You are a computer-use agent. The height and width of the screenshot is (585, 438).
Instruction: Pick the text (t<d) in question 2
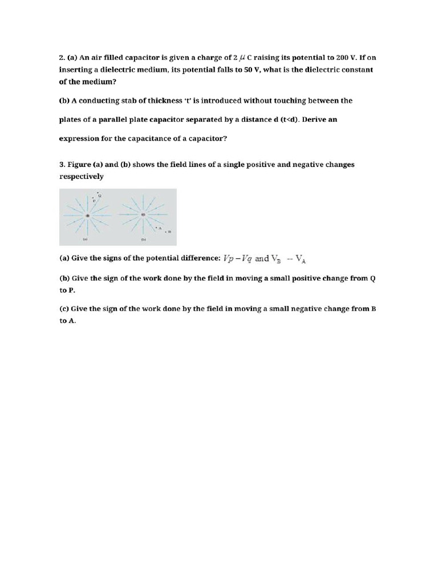[x=283, y=120]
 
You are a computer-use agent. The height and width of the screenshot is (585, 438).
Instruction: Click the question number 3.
[x=62, y=165]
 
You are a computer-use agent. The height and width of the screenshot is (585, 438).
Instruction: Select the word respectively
[x=82, y=176]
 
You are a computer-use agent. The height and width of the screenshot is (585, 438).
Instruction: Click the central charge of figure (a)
[x=87, y=215]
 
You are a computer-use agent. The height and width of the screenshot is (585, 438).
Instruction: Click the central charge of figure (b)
[x=143, y=215]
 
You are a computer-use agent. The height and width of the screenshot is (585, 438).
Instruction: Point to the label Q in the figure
[x=100, y=196]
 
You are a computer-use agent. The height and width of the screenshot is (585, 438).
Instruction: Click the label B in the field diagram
[x=169, y=231]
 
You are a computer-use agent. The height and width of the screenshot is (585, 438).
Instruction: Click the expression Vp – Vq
[x=238, y=258]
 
